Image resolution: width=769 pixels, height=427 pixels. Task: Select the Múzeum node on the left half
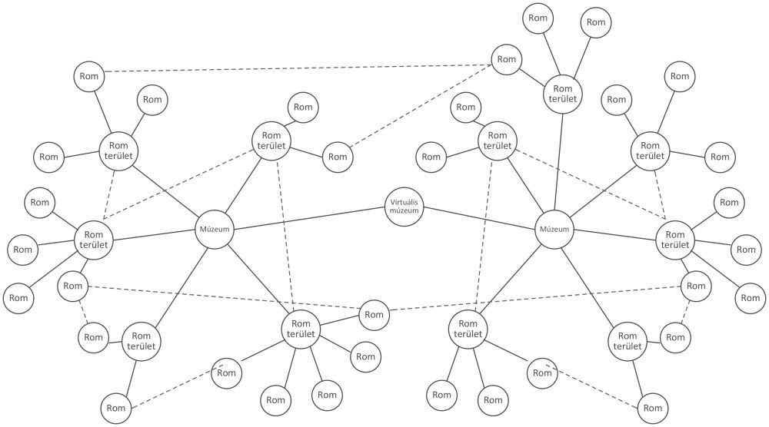215,229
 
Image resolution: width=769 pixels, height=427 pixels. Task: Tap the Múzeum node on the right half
554,229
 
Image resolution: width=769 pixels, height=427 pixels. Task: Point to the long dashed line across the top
296,66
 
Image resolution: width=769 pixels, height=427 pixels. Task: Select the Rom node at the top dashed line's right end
506,59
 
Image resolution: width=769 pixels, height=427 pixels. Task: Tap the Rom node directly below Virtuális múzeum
374,314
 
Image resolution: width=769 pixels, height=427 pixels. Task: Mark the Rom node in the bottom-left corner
116,407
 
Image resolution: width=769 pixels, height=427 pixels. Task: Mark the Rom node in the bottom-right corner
651,407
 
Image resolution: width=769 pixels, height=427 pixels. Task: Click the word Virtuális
404,203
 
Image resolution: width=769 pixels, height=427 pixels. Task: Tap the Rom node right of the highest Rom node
596,22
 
